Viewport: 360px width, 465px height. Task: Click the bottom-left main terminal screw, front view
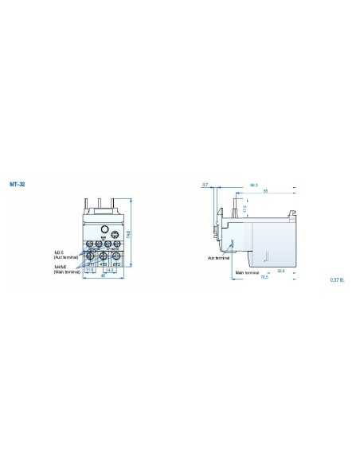click(x=92, y=257)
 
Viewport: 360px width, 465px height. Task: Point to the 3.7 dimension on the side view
click(x=205, y=185)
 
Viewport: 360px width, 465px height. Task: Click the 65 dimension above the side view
click(x=264, y=191)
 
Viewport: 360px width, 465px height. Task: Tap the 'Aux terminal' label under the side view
click(x=217, y=257)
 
